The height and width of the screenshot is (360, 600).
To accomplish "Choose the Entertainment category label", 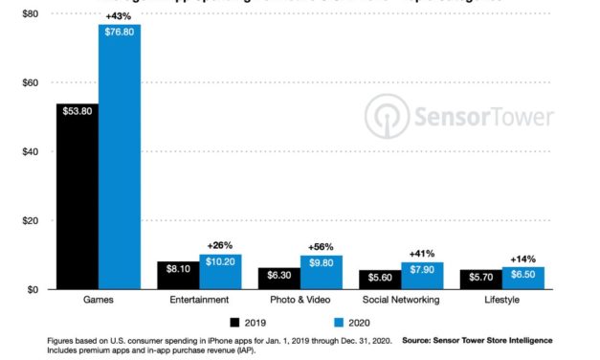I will [x=200, y=300].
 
